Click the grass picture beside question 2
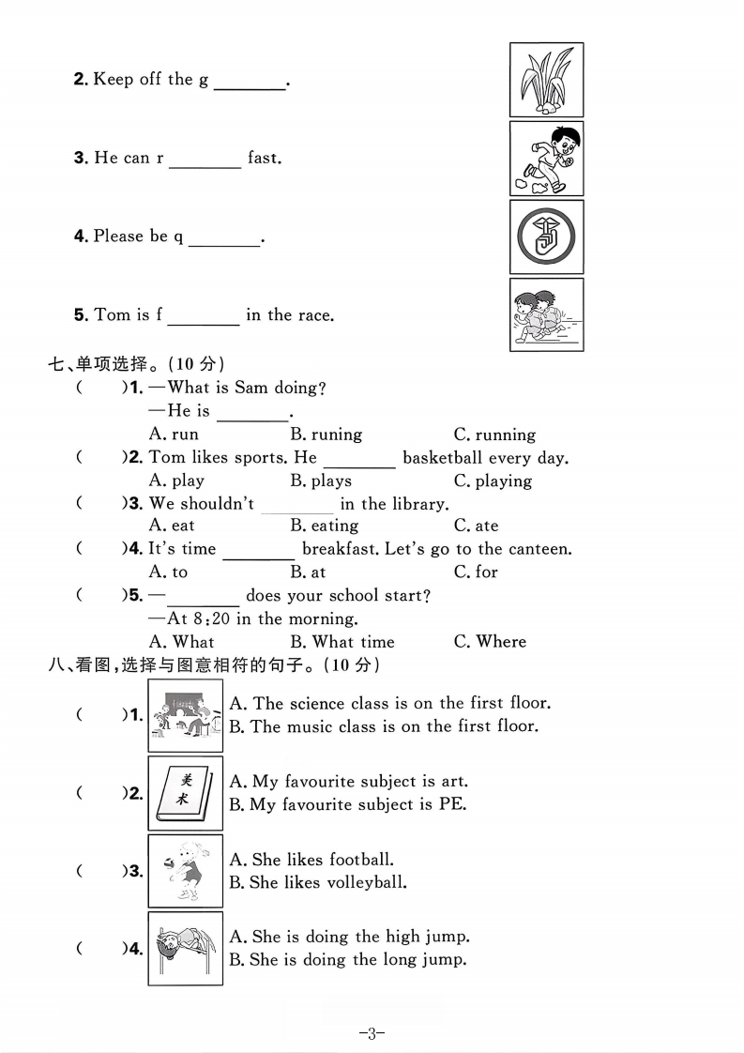546,80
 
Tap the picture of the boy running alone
546,159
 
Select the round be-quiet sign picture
546,237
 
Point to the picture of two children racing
546,314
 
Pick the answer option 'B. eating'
324,526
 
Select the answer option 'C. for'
476,572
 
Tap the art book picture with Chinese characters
185,793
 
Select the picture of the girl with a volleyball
185,871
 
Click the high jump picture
185,948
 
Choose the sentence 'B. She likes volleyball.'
318,882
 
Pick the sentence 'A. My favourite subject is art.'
348,781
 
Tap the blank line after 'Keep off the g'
250,83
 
